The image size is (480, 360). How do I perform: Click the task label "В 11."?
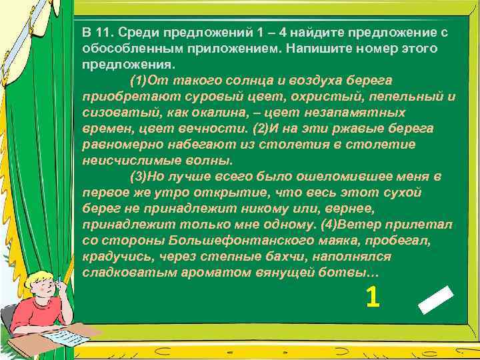coord(96,33)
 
